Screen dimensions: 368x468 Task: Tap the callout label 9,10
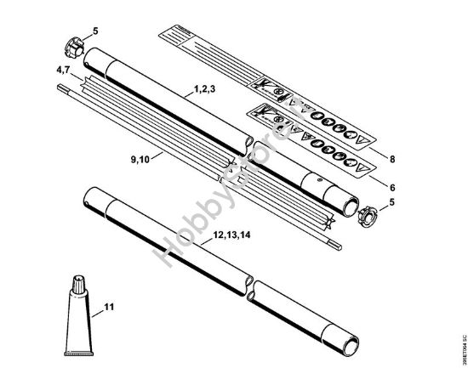142,157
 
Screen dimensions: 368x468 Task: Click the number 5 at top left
95,32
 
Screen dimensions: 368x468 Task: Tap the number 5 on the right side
392,203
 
